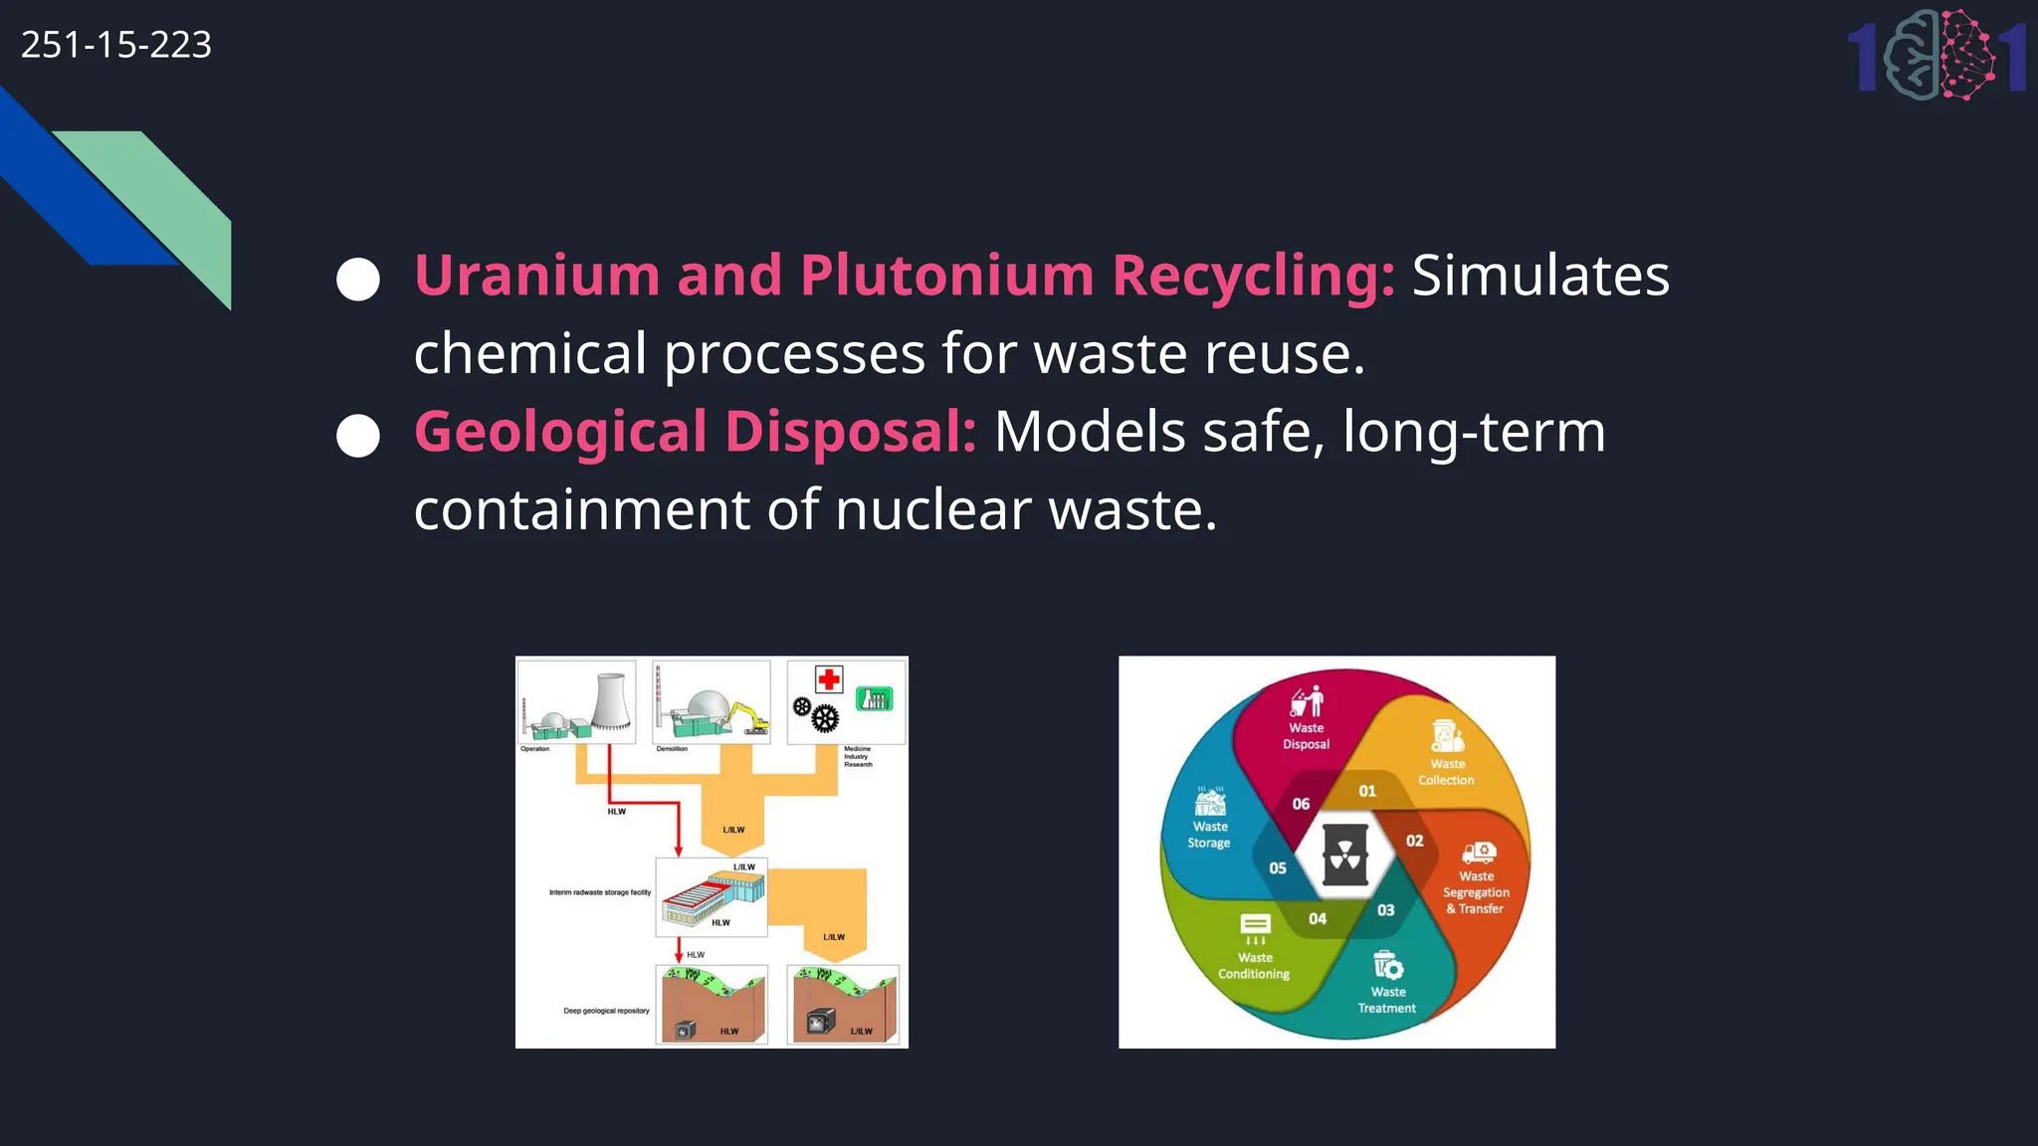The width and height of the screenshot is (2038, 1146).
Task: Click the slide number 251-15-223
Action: [x=116, y=45]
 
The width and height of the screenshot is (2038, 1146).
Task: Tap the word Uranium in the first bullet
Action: [x=536, y=276]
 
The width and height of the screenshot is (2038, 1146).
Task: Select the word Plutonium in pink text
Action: [x=946, y=276]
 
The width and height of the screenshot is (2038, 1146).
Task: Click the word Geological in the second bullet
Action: [x=560, y=432]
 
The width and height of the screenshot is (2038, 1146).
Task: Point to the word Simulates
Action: [x=1540, y=276]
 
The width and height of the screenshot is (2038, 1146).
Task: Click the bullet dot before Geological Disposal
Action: [x=358, y=436]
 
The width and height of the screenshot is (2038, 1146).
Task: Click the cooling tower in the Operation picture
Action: [x=612, y=701]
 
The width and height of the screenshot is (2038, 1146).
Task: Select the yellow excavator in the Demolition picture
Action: [x=747, y=718]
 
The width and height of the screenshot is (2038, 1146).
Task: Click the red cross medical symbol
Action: [x=829, y=679]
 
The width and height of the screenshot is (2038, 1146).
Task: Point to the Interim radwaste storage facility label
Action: [x=600, y=892]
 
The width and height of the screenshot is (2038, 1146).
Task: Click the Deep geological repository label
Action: [x=606, y=1011]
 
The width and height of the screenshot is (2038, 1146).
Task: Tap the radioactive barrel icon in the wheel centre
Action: [x=1344, y=856]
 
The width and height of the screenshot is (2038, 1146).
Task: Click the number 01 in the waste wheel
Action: [x=1367, y=792]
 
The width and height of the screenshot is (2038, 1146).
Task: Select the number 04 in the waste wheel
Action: [x=1318, y=919]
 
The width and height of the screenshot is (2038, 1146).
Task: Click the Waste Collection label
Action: [x=1447, y=772]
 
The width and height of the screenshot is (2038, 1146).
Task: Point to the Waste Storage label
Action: [x=1210, y=835]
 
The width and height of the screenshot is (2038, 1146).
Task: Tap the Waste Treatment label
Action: [x=1387, y=1000]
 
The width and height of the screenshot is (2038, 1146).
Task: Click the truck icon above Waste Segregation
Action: [x=1479, y=853]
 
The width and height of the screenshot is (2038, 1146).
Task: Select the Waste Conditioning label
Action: [x=1254, y=966]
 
